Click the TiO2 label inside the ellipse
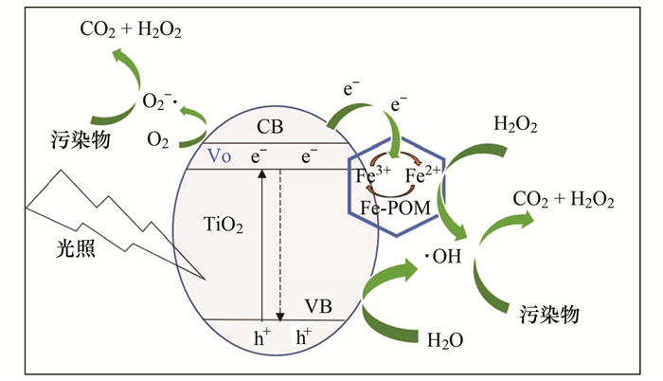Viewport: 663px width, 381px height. pyautogui.click(x=224, y=225)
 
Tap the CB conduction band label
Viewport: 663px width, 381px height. pyautogui.click(x=270, y=126)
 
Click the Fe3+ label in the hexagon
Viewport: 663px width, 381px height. pyautogui.click(x=371, y=176)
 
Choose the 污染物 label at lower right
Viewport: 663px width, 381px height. pyautogui.click(x=549, y=313)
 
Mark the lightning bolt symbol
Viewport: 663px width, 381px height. pyautogui.click(x=104, y=213)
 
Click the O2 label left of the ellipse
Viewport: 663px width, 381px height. pyautogui.click(x=158, y=139)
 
